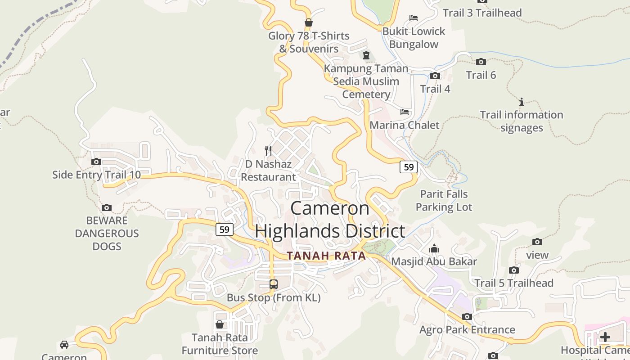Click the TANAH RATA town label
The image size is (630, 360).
326,256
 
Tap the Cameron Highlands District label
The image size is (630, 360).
330,220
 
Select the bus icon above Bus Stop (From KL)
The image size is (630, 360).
273,284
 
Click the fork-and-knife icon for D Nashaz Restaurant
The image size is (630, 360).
268,150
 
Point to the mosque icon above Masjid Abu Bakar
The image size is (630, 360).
434,248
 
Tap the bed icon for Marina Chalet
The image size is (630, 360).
405,112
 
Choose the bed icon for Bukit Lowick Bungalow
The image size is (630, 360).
414,18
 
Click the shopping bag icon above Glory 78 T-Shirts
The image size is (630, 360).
309,22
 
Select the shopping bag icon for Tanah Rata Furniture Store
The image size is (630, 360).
220,324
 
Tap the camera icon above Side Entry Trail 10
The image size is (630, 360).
96,162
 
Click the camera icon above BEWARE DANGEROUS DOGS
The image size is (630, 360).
107,207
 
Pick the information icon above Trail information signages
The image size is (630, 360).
522,102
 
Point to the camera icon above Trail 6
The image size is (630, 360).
481,62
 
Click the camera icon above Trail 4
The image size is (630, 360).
435,76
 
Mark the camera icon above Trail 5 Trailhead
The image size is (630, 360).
513,270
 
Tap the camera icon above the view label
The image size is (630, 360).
537,242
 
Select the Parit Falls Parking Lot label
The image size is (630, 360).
444,201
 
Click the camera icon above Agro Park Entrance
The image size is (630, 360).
467,316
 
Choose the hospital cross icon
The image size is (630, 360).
605,337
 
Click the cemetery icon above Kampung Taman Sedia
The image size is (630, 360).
366,55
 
